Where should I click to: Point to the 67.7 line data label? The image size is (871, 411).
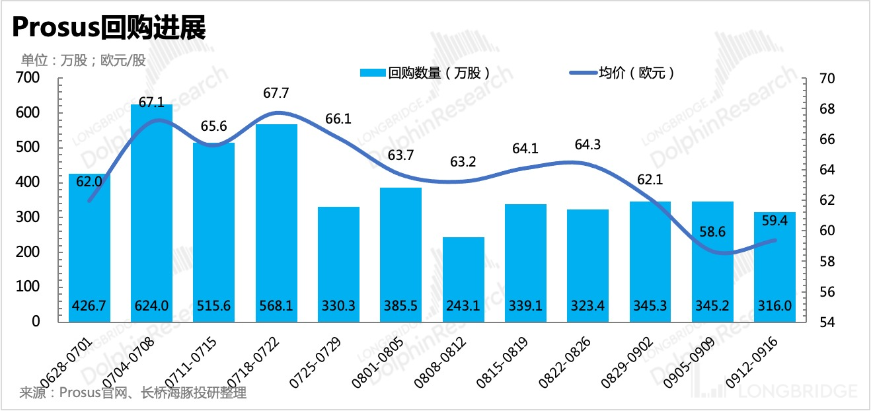click(x=276, y=93)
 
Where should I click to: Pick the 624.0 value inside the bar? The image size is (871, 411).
click(x=151, y=307)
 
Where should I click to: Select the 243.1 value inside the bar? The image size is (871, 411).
click(x=463, y=307)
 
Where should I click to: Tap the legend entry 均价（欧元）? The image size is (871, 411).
click(x=624, y=73)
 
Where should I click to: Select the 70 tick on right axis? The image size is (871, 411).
click(x=826, y=79)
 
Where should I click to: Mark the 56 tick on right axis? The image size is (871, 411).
click(x=826, y=292)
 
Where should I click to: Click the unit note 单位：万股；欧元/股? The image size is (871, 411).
click(x=83, y=60)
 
